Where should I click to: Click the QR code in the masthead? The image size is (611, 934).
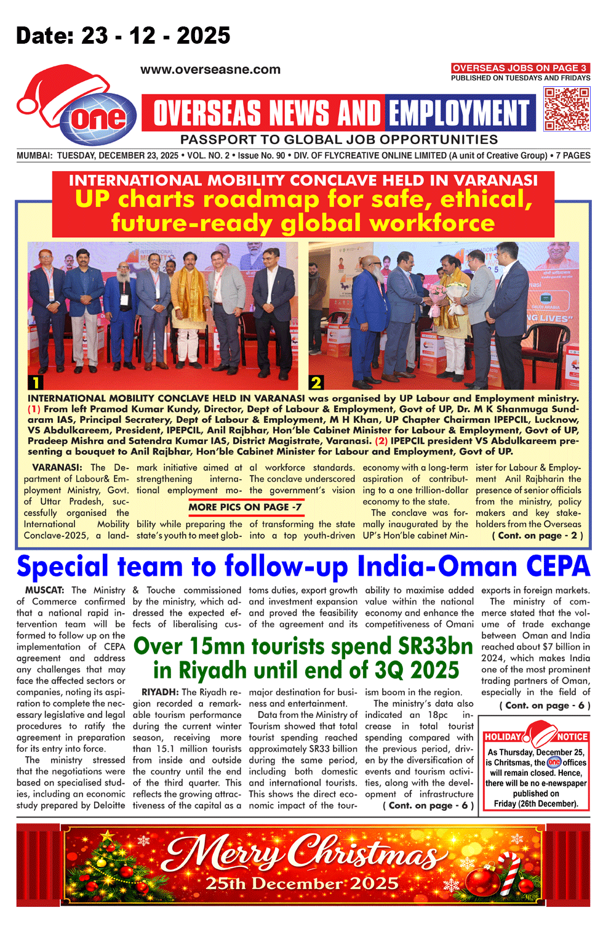pyautogui.click(x=567, y=109)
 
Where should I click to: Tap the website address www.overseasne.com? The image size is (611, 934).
pyautogui.click(x=210, y=70)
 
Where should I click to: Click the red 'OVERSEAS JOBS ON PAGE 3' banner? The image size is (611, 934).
pyautogui.click(x=520, y=68)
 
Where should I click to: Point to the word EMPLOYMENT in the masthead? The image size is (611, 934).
pyautogui.click(x=460, y=113)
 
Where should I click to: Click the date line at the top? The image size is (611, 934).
pyautogui.click(x=123, y=36)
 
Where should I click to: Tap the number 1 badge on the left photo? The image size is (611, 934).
pyautogui.click(x=36, y=382)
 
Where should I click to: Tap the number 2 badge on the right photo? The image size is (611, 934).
pyautogui.click(x=316, y=382)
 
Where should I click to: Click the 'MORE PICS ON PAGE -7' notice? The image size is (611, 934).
pyautogui.click(x=245, y=507)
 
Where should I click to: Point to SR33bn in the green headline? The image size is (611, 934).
pyautogui.click(x=435, y=646)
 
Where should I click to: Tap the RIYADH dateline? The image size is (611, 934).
pyautogui.click(x=160, y=692)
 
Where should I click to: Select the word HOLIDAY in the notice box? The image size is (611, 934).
pyautogui.click(x=503, y=737)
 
